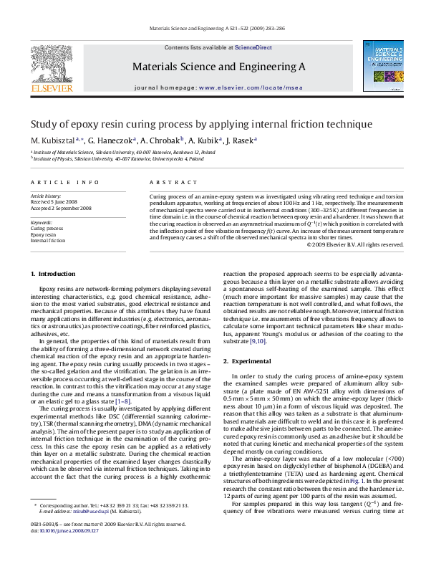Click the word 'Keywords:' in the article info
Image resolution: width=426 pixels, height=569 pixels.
click(x=42, y=222)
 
